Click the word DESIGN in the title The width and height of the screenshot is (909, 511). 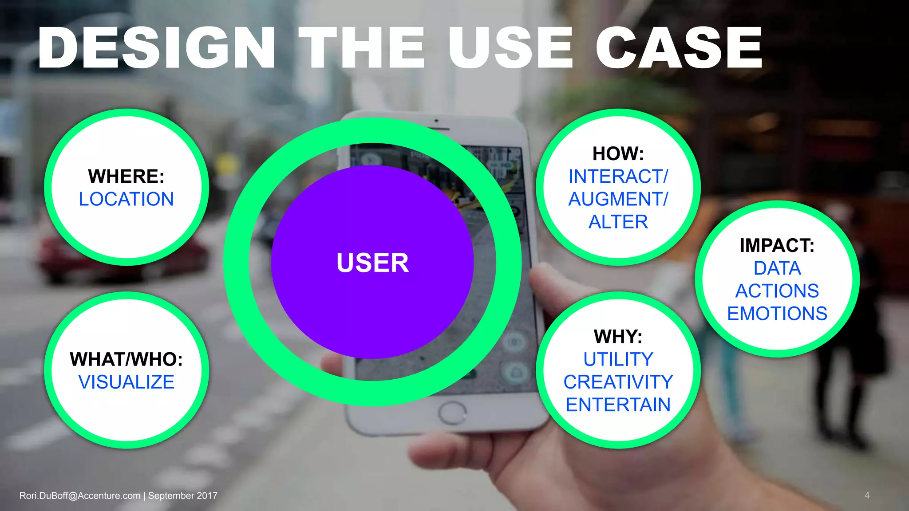point(156,48)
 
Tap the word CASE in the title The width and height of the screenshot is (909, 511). point(679,48)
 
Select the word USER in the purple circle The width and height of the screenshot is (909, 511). point(372,263)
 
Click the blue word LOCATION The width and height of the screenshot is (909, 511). point(126,199)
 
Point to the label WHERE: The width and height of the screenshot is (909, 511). point(126,176)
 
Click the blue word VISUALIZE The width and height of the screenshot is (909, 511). point(126,382)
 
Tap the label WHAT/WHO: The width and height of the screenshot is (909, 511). point(126,359)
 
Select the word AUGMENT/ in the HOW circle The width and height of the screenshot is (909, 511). point(618,199)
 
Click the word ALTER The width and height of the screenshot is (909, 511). point(618,222)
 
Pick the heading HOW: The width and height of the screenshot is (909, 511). point(618,154)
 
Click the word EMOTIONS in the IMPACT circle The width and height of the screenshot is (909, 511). point(777,314)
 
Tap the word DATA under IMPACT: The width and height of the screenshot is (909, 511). point(777,268)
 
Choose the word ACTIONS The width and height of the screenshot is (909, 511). point(777,291)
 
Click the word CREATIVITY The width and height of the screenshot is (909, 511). point(618,382)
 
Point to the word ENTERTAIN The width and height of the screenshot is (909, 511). point(618,405)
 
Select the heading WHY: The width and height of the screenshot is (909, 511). point(618,337)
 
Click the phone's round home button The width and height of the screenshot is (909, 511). point(452,413)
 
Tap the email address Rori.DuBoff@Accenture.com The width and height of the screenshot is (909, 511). point(80,495)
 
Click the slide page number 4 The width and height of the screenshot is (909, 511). point(867,495)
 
